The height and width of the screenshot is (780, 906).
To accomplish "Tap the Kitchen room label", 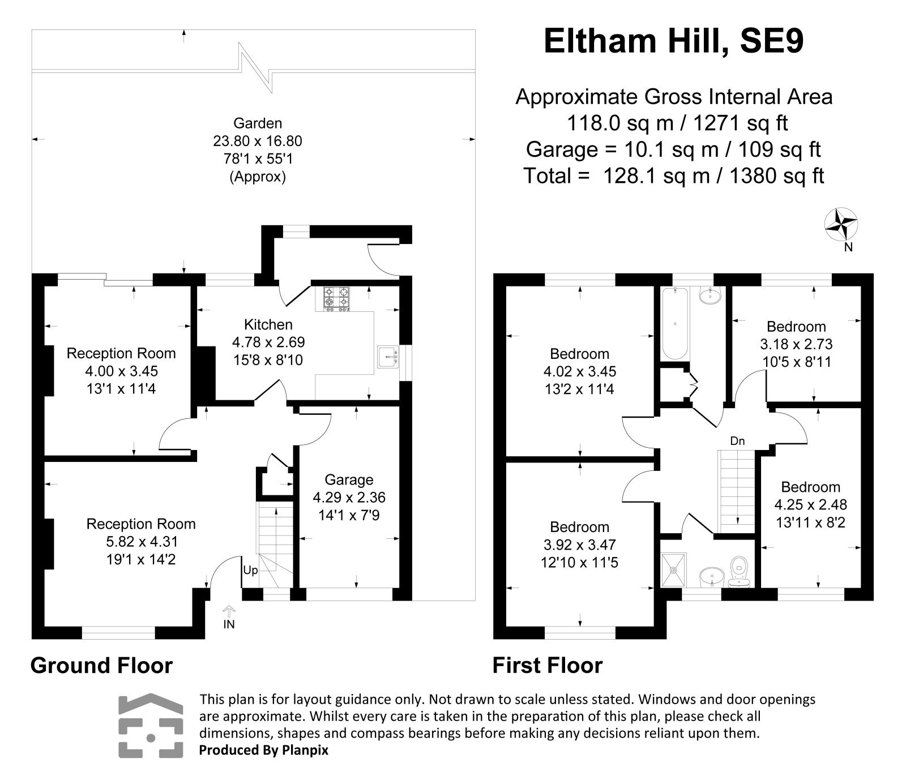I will pyautogui.click(x=268, y=324).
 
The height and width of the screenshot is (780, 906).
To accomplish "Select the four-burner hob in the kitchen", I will pyautogui.click(x=336, y=299).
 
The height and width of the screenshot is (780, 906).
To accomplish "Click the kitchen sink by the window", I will pyautogui.click(x=388, y=357).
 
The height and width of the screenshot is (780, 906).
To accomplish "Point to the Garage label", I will pyautogui.click(x=349, y=479).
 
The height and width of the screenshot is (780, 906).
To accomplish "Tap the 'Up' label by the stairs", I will pyautogui.click(x=250, y=570).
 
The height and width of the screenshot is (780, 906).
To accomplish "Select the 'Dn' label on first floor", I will pyautogui.click(x=737, y=441).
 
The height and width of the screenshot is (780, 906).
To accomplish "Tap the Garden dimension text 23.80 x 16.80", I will pyautogui.click(x=258, y=141).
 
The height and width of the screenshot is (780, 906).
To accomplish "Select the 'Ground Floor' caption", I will pyautogui.click(x=101, y=665).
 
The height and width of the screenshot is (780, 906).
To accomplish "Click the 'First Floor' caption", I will pyautogui.click(x=547, y=665).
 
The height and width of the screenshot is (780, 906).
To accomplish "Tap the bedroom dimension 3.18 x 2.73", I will pyautogui.click(x=796, y=344).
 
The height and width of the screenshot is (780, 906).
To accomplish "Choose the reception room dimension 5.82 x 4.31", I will pyautogui.click(x=140, y=542).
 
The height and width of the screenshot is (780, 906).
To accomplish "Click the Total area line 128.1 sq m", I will pyautogui.click(x=673, y=176).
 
